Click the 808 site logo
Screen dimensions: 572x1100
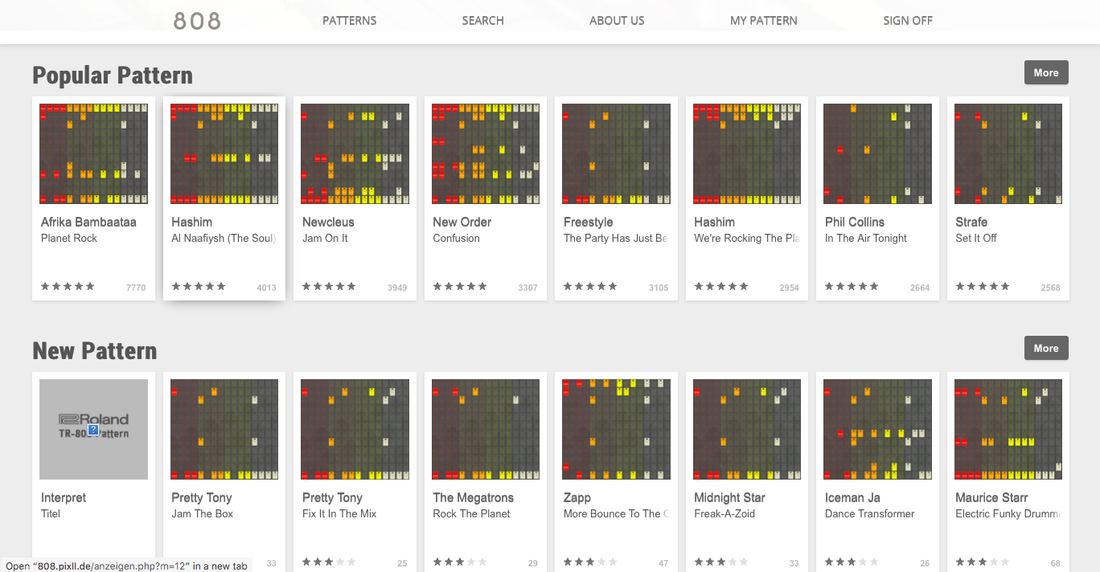pyautogui.click(x=197, y=22)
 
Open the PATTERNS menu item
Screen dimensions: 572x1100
pyautogui.click(x=349, y=21)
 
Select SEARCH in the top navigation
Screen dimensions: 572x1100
pyautogui.click(x=482, y=21)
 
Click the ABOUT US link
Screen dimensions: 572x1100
pyautogui.click(x=617, y=21)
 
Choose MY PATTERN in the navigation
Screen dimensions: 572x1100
pyautogui.click(x=763, y=21)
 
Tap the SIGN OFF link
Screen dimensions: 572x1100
pyautogui.click(x=908, y=21)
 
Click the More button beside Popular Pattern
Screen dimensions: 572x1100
pyautogui.click(x=1045, y=72)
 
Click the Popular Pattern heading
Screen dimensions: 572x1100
pyautogui.click(x=113, y=76)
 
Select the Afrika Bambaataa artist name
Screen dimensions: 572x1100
pyautogui.click(x=88, y=222)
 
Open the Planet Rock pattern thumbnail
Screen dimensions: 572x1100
pyautogui.click(x=93, y=153)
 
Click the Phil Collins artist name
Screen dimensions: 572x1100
pyautogui.click(x=854, y=222)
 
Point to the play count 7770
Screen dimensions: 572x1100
pyautogui.click(x=136, y=288)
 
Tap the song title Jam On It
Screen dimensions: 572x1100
pyautogui.click(x=325, y=238)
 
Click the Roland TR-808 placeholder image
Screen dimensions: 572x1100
pyautogui.click(x=93, y=429)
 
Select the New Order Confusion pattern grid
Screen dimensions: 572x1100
pyautogui.click(x=485, y=153)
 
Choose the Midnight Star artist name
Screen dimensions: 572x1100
pyautogui.click(x=729, y=497)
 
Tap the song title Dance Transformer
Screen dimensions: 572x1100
pyautogui.click(x=869, y=513)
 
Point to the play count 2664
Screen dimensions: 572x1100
pyautogui.click(x=920, y=288)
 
